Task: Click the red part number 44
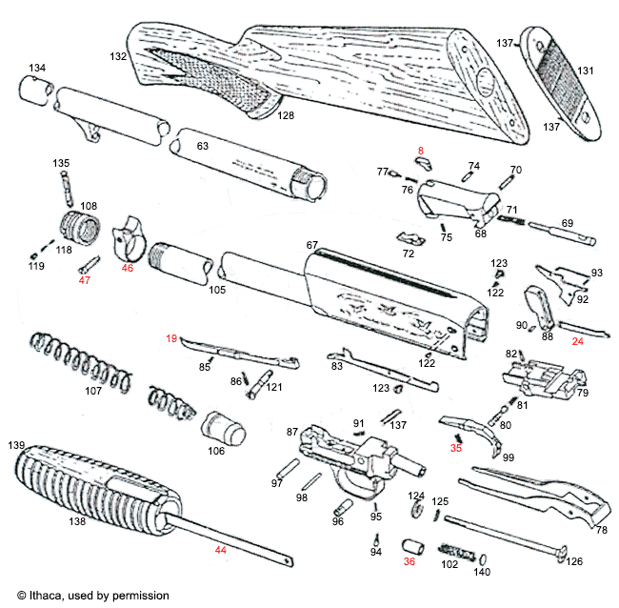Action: click(220, 551)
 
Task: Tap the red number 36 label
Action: click(409, 561)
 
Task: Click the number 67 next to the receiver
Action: click(311, 246)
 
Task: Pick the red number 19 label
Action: click(172, 338)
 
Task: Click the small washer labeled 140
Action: click(482, 558)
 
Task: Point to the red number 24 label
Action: click(577, 340)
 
